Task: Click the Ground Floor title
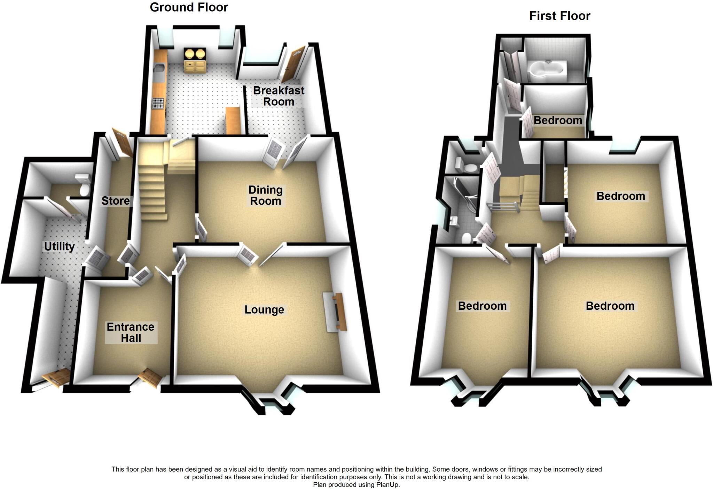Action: pos(189,7)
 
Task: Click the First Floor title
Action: pos(560,16)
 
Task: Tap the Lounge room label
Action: pos(264,309)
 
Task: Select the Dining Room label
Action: pos(265,195)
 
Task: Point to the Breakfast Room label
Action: pos(279,96)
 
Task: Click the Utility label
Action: pos(59,246)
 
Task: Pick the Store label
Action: pos(115,200)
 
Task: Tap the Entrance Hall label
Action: pos(131,332)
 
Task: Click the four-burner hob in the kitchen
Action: pos(158,103)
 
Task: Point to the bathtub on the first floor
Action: pos(548,72)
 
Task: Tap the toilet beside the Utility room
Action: pos(84,186)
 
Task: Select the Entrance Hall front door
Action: pos(151,378)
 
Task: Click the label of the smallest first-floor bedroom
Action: pos(558,120)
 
